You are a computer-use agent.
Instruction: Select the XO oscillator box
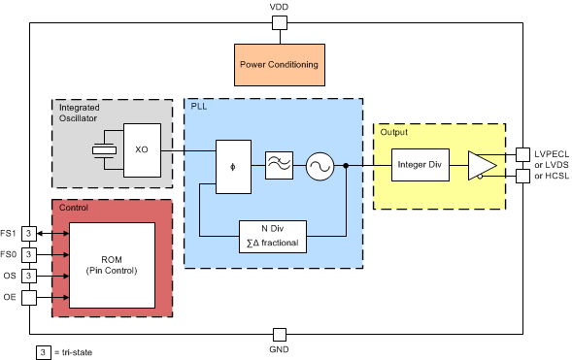pyautogui.click(x=142, y=150)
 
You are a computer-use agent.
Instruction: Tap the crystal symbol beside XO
pyautogui.click(x=100, y=150)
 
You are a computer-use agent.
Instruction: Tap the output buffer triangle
pyautogui.click(x=480, y=165)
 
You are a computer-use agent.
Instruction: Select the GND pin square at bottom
pyautogui.click(x=279, y=333)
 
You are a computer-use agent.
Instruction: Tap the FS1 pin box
pyautogui.click(x=30, y=233)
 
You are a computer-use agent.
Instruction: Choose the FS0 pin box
pyautogui.click(x=30, y=254)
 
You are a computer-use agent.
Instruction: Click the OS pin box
pyautogui.click(x=30, y=276)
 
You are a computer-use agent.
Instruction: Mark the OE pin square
pyautogui.click(x=30, y=297)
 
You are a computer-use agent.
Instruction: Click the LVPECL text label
pyautogui.click(x=550, y=153)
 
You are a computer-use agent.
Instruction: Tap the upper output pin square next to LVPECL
pyautogui.click(x=522, y=153)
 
